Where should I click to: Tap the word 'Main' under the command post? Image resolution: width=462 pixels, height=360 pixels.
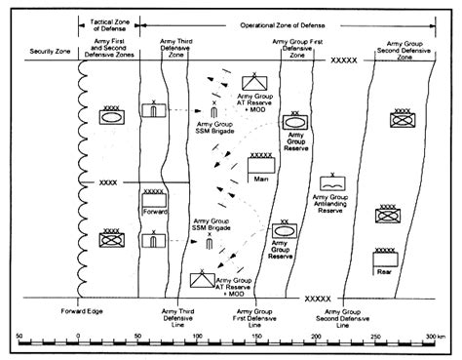click(261, 179)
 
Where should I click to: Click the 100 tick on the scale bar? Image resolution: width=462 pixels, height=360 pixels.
click(197, 338)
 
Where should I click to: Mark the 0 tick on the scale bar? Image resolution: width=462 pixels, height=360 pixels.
click(78, 338)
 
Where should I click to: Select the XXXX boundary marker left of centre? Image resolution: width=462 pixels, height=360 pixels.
click(108, 182)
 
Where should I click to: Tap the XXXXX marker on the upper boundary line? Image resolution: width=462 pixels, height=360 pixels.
click(346, 60)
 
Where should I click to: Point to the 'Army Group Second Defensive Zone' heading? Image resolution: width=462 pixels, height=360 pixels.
click(407, 51)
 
